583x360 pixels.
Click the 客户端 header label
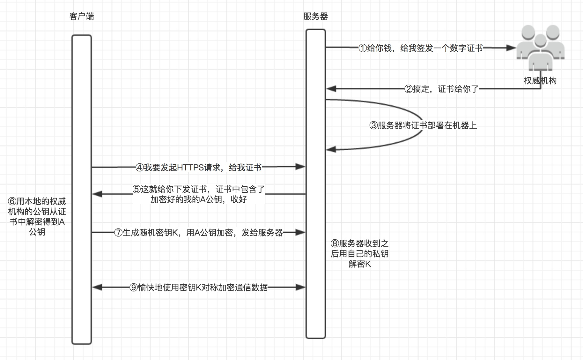coord(82,16)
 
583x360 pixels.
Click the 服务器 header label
coord(315,16)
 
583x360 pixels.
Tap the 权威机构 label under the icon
coord(540,81)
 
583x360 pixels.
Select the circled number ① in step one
coord(363,48)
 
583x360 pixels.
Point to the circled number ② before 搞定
coord(409,89)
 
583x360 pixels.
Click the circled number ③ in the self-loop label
coord(373,125)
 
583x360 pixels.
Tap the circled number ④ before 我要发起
coord(140,168)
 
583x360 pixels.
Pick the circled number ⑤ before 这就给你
coord(137,189)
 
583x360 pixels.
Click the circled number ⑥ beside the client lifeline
coord(12,201)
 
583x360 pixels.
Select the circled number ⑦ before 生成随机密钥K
coord(118,233)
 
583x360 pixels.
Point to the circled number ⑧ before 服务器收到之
coord(335,244)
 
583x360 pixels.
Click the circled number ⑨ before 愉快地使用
coord(134,288)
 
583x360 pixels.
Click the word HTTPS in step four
coord(190,168)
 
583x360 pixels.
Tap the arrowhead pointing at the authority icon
coord(511,48)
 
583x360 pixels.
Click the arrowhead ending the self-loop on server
coord(331,149)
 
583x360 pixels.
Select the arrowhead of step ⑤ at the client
coord(97,194)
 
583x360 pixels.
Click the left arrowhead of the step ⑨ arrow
coord(97,288)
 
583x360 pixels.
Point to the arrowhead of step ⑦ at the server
coord(300,233)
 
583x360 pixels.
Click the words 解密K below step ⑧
coord(360,264)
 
